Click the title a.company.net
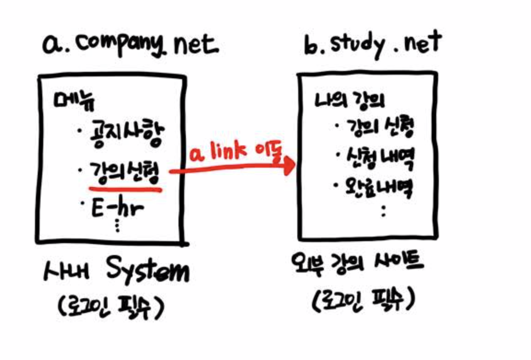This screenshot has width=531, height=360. point(130,45)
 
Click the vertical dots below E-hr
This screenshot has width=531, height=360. point(117,226)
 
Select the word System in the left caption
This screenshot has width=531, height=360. point(147,272)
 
